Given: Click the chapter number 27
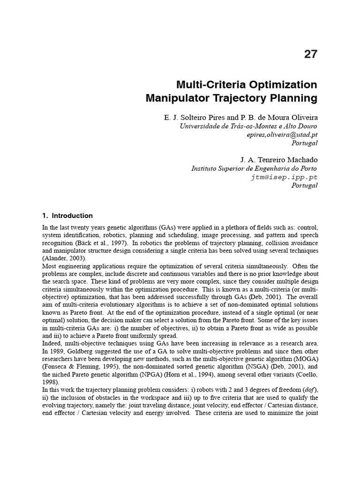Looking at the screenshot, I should pyautogui.click(x=310, y=54).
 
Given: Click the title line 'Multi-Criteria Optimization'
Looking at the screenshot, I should pyautogui.click(x=247, y=85).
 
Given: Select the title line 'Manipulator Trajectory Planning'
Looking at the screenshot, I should pyautogui.click(x=232, y=99).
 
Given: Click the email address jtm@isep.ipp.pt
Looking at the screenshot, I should pyautogui.click(x=285, y=177).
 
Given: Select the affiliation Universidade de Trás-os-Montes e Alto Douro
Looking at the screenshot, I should pyautogui.click(x=248, y=126).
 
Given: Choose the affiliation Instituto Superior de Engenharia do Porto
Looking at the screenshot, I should pyautogui.click(x=254, y=169).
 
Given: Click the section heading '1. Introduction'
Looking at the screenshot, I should pyautogui.click(x=67, y=216).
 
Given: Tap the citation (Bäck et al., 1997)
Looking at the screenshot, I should pyautogui.click(x=94, y=243).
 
